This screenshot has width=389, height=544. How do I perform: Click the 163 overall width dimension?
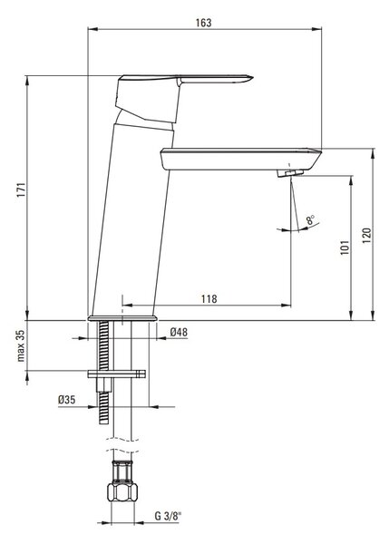[203, 23]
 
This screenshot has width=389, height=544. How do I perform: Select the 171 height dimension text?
[22, 189]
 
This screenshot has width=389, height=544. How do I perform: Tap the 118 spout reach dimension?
[209, 298]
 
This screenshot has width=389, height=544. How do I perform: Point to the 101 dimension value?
[345, 248]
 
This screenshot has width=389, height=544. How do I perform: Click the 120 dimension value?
[367, 236]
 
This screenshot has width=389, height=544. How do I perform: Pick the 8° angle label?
[310, 219]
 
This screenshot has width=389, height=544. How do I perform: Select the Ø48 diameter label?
[179, 333]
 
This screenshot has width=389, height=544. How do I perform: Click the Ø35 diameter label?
[66, 400]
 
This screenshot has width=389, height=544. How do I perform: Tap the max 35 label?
[21, 345]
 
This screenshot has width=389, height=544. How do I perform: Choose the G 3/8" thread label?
[168, 516]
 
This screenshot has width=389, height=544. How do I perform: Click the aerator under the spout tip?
[290, 173]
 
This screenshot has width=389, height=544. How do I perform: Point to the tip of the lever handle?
[252, 77]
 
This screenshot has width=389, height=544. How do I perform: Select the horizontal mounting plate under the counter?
[116, 374]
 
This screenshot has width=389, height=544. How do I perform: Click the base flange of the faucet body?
[122, 318]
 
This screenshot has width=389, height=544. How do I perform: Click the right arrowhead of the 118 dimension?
[287, 306]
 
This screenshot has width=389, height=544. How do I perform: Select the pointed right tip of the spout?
[320, 151]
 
